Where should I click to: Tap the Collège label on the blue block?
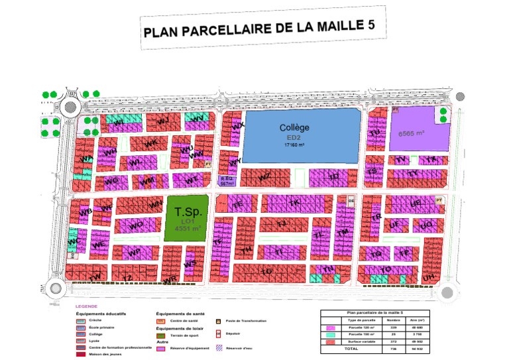[294, 127]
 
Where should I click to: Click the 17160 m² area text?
[294, 144]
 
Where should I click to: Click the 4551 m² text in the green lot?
[187, 228]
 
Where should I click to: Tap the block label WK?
[151, 143]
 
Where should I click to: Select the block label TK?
[296, 201]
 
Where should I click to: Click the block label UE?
[416, 203]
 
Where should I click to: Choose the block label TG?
[267, 271]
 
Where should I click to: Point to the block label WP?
[134, 253]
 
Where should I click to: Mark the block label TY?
[414, 174]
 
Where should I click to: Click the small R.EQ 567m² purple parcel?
[227, 181]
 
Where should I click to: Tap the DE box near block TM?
[351, 200]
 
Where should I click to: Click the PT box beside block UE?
[438, 200]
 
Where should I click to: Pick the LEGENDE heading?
[86, 306]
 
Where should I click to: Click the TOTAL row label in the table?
[351, 348]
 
